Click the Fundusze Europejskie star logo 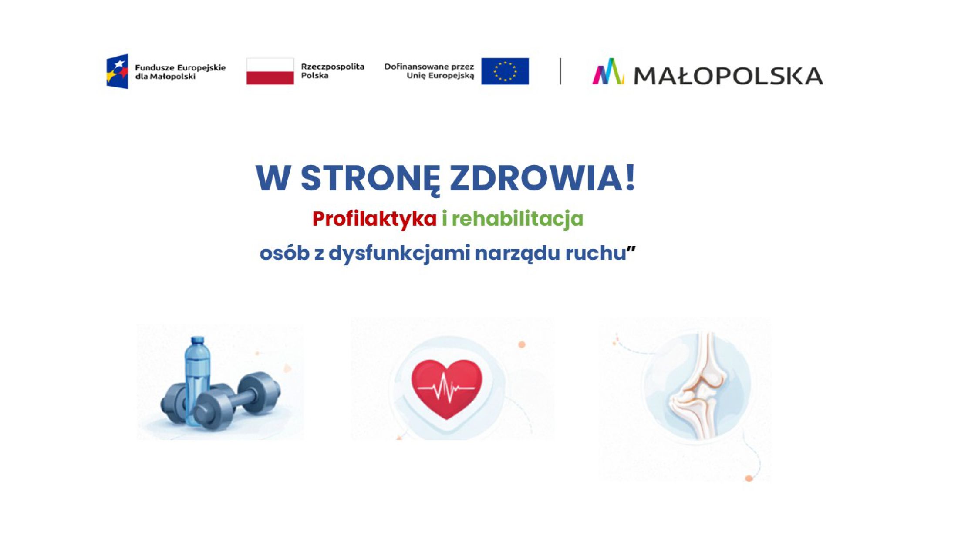pyautogui.click(x=117, y=71)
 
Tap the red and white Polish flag pyautogui.click(x=270, y=71)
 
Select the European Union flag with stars pyautogui.click(x=505, y=71)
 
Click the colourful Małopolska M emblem pyautogui.click(x=608, y=71)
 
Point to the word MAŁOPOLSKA pyautogui.click(x=728, y=76)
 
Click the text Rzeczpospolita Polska pyautogui.click(x=333, y=71)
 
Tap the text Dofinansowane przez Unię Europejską pyautogui.click(x=429, y=71)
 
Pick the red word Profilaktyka pyautogui.click(x=374, y=219)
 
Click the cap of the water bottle pyautogui.click(x=197, y=341)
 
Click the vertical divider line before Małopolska pyautogui.click(x=560, y=71)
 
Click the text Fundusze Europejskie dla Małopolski pyautogui.click(x=180, y=72)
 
